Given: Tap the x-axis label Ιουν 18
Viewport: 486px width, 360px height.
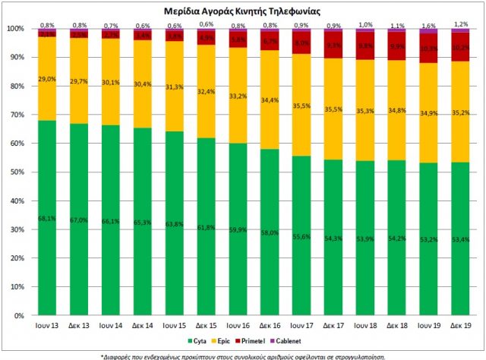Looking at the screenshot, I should pos(364,325).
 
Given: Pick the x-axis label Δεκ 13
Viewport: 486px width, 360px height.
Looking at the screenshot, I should pos(79,325).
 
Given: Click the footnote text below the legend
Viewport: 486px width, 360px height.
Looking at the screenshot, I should pos(243,355).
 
